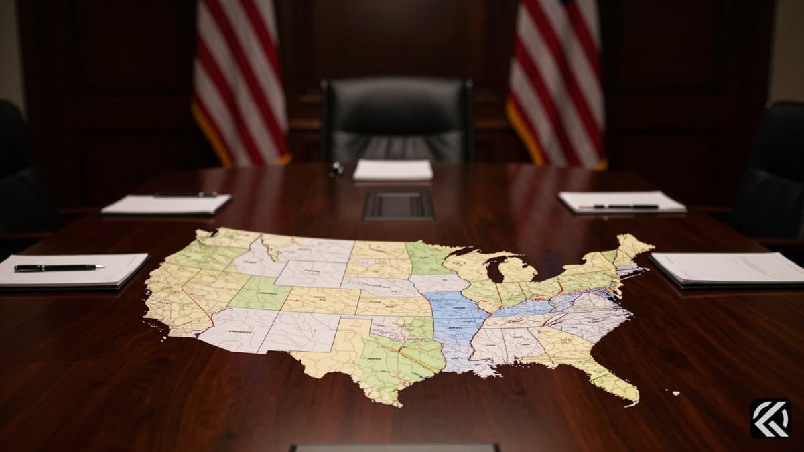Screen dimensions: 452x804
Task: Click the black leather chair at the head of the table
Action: click(397, 121)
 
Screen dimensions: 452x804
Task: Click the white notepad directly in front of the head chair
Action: click(393, 170)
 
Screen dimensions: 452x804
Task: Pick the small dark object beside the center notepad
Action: click(336, 169)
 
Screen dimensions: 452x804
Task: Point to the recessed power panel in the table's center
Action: click(399, 206)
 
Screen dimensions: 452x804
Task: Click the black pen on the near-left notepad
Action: click(59, 267)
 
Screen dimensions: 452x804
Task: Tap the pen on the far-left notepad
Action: click(186, 195)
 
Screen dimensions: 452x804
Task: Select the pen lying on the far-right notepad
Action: click(618, 206)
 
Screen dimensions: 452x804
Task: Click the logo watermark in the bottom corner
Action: click(770, 419)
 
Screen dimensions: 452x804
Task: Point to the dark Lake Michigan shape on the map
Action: click(495, 269)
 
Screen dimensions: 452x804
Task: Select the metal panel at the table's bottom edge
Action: click(395, 447)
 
